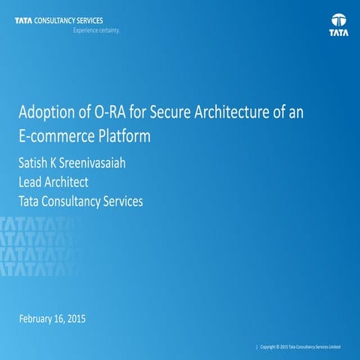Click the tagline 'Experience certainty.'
pos(97,32)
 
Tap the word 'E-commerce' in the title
pos(55,138)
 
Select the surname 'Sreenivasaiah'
pos(100,161)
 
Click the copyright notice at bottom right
pos(300,347)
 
